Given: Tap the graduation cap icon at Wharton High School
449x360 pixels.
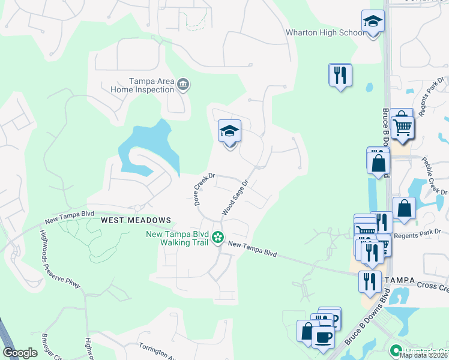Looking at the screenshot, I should point(373,23).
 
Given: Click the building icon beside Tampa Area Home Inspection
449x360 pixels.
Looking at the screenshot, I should point(183,85).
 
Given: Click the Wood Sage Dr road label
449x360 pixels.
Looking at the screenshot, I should point(235,199).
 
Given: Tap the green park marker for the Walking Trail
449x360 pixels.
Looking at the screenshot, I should point(218,238).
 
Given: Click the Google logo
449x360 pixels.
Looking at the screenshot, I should point(20,353).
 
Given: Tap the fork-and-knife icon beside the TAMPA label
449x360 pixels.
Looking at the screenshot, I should point(369,281).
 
